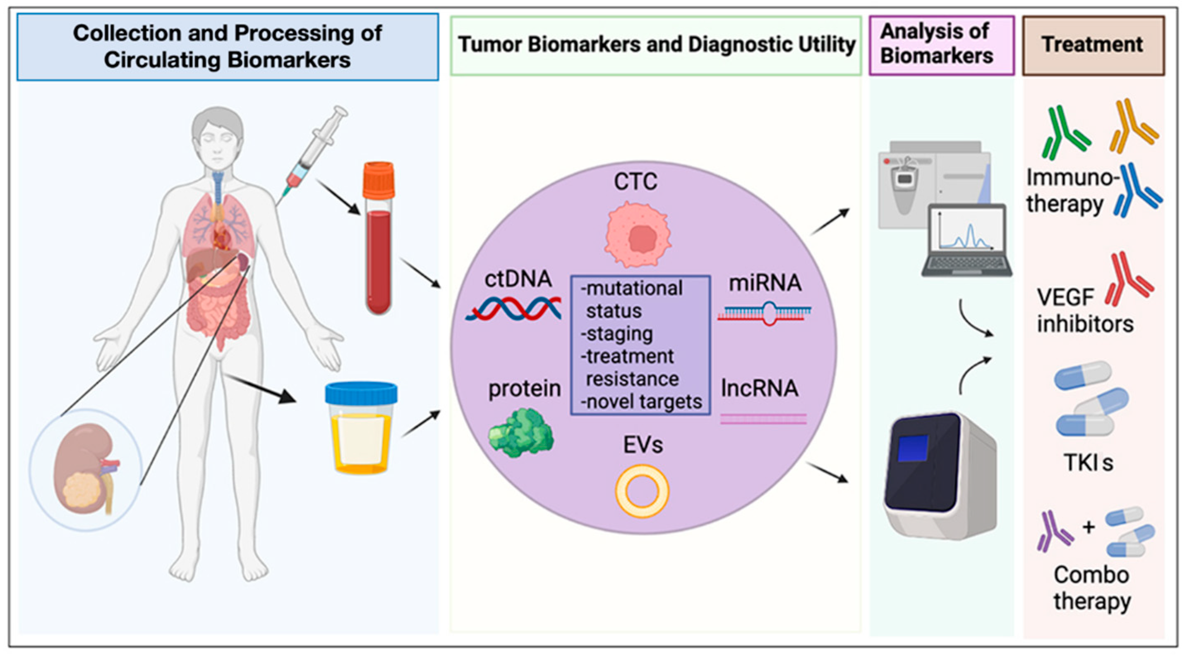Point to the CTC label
635,182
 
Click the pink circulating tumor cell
638,234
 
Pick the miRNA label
765,283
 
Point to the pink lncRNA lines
763,419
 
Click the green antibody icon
1065,133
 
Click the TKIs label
1089,463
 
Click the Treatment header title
1093,45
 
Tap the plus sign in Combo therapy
1089,527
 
